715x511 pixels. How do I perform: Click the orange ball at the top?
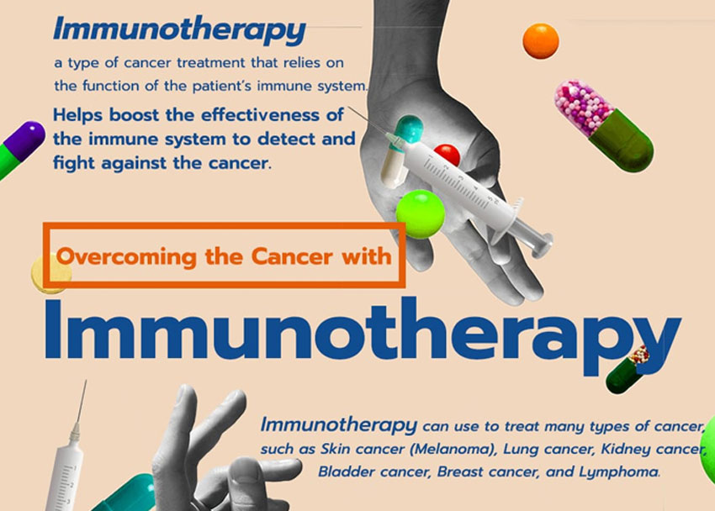[x=540, y=40]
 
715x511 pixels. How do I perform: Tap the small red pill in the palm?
[x=447, y=155]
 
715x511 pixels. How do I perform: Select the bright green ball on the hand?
[x=420, y=213]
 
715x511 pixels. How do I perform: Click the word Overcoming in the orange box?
[x=124, y=255]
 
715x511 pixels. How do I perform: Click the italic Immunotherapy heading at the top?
[x=179, y=30]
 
